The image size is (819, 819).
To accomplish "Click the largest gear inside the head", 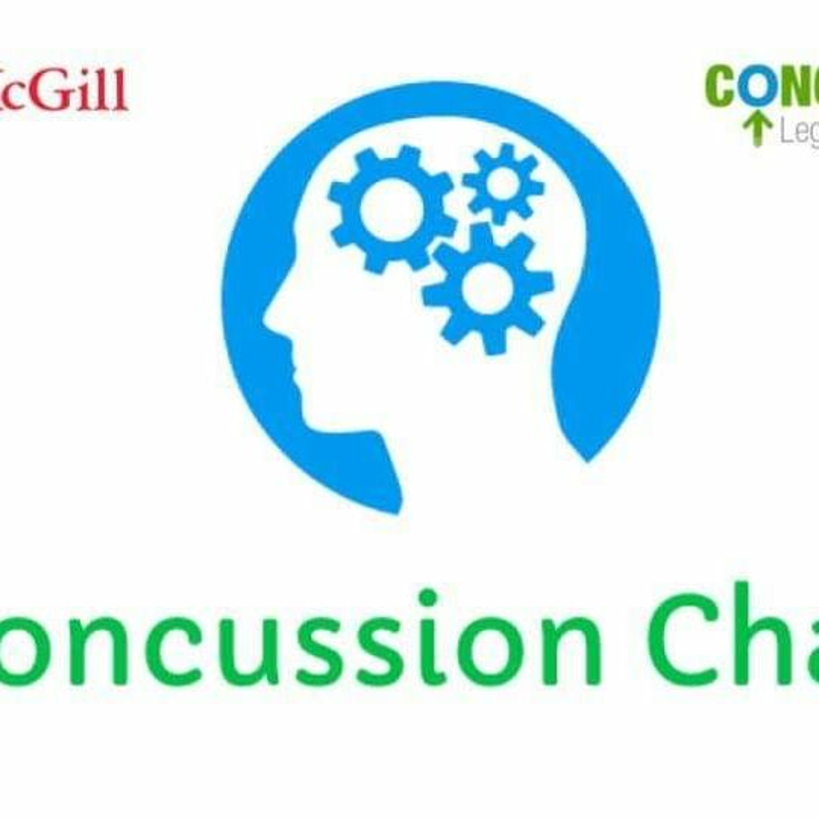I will tap(391, 209).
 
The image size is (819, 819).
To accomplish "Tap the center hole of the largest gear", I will tap(391, 209).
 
